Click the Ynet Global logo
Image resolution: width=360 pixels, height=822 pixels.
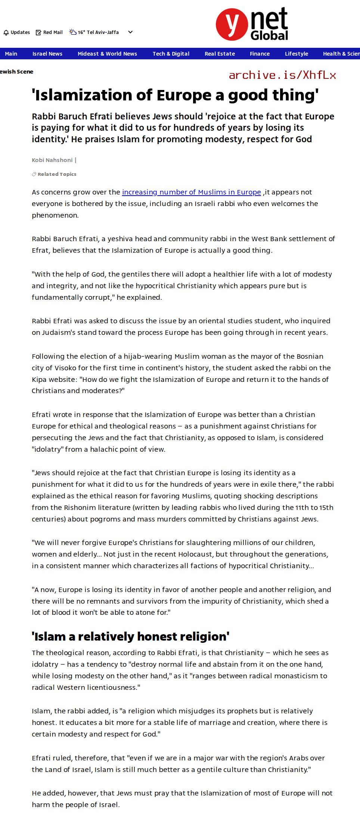(x=252, y=24)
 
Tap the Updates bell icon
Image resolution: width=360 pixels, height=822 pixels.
(x=6, y=32)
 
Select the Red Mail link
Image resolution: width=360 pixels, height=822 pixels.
(x=49, y=32)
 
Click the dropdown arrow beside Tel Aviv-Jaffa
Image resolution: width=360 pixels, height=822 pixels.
(x=130, y=32)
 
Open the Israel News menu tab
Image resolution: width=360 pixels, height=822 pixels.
(x=47, y=54)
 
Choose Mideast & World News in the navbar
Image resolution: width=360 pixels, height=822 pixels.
(x=107, y=54)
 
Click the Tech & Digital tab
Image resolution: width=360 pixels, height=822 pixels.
(x=171, y=54)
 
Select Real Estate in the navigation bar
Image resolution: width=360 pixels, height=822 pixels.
(x=220, y=54)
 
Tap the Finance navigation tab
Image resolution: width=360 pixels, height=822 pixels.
(x=260, y=54)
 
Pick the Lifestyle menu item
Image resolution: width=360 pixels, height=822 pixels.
(x=297, y=54)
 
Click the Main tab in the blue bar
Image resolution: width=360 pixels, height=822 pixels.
(x=11, y=54)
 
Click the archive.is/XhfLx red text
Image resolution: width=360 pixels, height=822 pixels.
(x=282, y=75)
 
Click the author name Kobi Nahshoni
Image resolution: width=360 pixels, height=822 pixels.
(x=52, y=160)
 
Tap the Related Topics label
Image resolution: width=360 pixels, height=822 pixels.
(x=57, y=174)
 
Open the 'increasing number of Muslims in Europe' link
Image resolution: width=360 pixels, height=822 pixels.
(x=191, y=192)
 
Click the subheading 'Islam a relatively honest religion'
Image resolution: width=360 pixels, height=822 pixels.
(x=130, y=636)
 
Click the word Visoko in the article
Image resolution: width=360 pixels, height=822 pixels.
(x=65, y=368)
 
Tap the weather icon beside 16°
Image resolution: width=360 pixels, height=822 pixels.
(x=73, y=32)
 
